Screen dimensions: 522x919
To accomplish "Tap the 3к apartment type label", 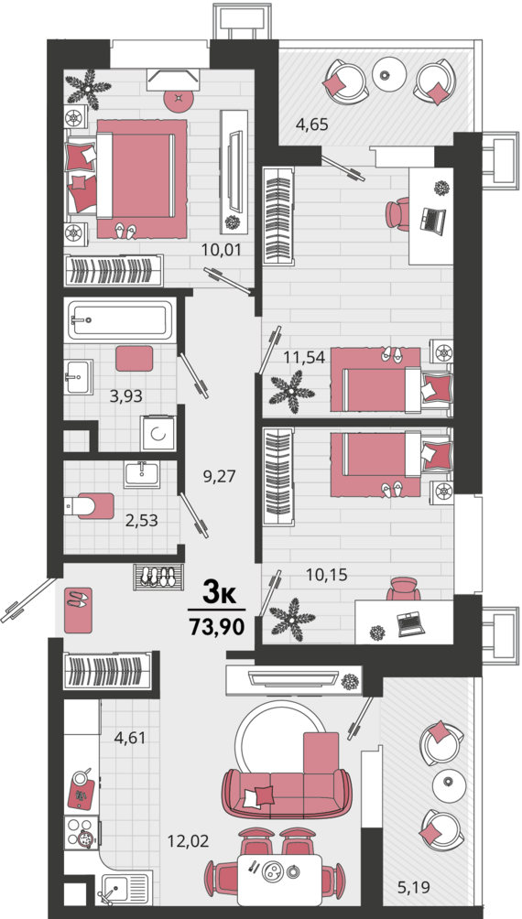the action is coord(219,594).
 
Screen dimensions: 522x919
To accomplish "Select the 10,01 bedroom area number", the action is coord(221,250).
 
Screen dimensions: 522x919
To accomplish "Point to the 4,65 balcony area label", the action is coord(311,124).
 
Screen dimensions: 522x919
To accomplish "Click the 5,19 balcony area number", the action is coord(414,887).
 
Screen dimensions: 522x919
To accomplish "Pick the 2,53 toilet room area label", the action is coord(141,519).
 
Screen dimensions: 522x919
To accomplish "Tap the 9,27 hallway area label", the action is coord(219,476).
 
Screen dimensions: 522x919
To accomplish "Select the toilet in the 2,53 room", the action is coord(89,506).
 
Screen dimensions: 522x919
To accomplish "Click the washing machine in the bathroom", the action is coord(158,433).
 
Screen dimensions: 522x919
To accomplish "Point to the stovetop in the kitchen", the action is coord(82,832).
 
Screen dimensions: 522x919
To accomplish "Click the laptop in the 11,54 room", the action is coord(433,220).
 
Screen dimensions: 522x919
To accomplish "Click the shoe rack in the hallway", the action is coord(158,577).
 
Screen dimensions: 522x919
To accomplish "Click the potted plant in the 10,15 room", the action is coord(291,619).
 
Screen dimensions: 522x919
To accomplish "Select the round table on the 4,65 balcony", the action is coord(389,74).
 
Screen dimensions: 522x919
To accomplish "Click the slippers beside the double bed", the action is coord(125,231).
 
